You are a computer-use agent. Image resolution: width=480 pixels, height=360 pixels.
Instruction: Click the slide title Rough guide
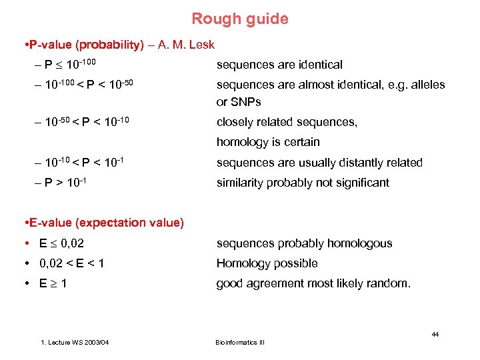240,19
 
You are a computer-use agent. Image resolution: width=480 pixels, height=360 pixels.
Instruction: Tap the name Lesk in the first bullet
201,45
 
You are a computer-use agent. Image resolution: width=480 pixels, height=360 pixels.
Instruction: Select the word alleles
426,85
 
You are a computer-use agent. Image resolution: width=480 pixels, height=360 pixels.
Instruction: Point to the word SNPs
246,102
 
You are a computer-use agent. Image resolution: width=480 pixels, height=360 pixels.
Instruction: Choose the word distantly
345,163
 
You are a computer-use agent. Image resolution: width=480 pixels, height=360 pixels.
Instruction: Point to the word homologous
360,243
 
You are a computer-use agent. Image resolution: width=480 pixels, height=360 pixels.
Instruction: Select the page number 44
435,334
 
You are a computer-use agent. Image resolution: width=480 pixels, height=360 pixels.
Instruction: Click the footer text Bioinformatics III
240,343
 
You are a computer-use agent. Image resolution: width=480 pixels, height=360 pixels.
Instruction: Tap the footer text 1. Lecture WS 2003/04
75,343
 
